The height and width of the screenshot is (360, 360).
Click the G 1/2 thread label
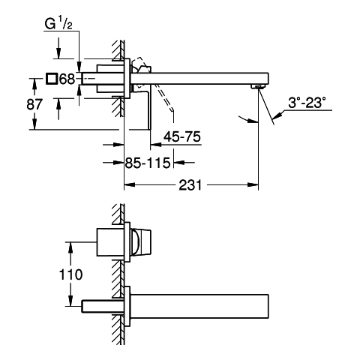58,24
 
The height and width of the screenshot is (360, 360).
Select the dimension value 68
67,79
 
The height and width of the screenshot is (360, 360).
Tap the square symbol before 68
52,79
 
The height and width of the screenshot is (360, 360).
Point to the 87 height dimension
34,104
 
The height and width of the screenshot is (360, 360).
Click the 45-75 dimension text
182,136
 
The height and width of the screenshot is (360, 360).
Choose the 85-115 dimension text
148,163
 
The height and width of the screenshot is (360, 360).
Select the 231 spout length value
190,185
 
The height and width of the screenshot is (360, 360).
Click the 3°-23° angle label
307,103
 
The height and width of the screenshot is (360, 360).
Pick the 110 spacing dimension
70,274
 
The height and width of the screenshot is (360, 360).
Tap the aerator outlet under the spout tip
257,87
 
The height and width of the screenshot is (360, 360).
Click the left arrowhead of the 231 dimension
130,185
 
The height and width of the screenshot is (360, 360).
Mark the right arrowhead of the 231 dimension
253,185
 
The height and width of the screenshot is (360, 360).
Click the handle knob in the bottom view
141,242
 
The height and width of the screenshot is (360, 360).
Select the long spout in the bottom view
199,306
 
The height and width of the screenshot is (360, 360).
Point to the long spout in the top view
199,78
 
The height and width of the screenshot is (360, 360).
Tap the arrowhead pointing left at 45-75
155,145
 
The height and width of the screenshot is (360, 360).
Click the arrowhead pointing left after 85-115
179,163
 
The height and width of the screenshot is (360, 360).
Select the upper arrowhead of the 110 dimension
70,247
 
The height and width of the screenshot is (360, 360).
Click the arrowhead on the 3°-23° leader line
277,115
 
